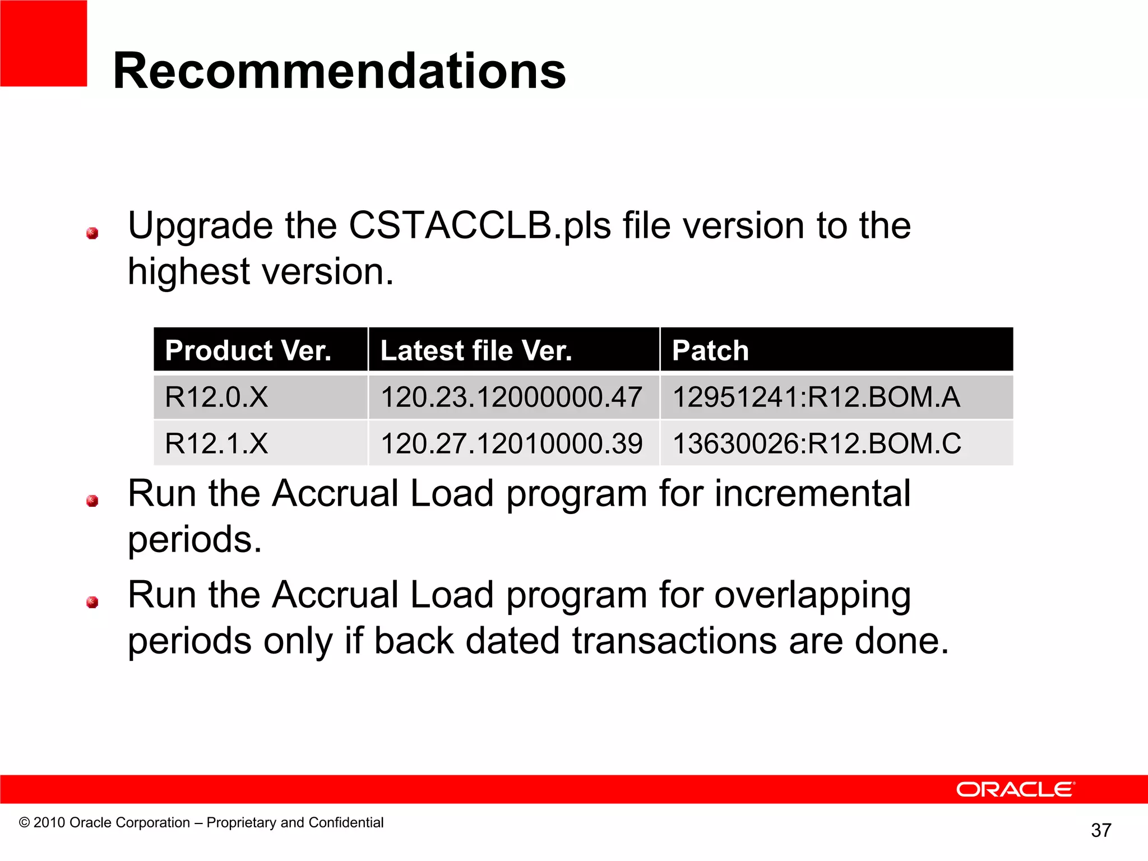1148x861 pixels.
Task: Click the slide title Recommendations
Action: coord(339,71)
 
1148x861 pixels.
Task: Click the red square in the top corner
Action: coord(43,43)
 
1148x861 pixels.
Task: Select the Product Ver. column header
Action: coord(248,350)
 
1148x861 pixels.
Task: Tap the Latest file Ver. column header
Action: coord(476,350)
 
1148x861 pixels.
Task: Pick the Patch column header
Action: coord(710,350)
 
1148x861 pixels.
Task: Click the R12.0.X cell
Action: coord(216,397)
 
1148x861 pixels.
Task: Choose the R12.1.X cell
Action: coord(216,443)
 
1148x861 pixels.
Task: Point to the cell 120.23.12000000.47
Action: coord(511,397)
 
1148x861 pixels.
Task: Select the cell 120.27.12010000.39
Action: coord(511,443)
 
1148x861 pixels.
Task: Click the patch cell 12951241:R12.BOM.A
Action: coord(816,397)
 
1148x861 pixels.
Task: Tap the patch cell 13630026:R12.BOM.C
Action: coord(817,443)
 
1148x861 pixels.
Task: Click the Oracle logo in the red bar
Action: coord(1015,789)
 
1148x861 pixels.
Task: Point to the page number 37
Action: coord(1101,830)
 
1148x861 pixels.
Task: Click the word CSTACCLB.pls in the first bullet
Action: coord(480,226)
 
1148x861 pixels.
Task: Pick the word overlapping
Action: coord(812,595)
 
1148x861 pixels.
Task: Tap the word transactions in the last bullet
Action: coord(674,641)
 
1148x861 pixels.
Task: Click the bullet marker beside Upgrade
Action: coord(92,233)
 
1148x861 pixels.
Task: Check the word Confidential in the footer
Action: coord(346,822)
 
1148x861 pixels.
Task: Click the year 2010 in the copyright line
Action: coord(49,822)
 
